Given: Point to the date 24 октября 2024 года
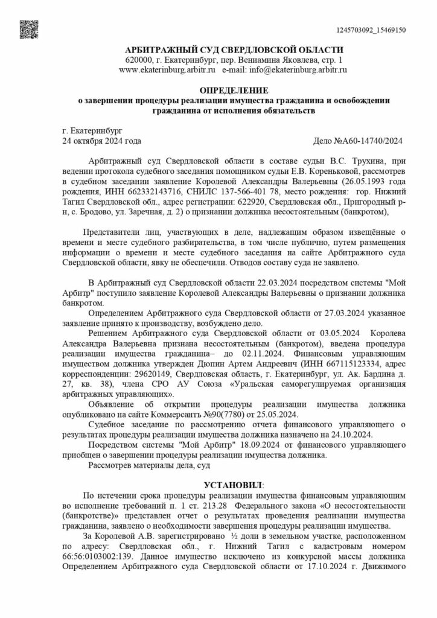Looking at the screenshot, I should tap(102, 141).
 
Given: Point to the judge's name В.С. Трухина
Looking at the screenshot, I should tap(344, 162).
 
